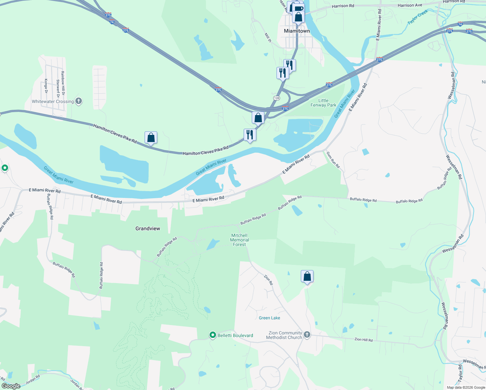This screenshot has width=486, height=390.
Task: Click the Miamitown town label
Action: [297, 31]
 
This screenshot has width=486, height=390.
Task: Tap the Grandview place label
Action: [148, 228]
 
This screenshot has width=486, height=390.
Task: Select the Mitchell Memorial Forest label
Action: [239, 240]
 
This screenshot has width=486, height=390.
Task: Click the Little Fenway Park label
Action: [323, 103]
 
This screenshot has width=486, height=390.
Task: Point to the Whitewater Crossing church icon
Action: [79, 101]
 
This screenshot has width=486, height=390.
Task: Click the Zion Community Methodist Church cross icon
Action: [307, 334]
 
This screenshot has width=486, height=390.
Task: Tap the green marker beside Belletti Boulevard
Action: [213, 335]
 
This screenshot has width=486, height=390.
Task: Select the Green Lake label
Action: [269, 318]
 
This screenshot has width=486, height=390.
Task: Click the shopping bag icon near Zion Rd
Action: [307, 277]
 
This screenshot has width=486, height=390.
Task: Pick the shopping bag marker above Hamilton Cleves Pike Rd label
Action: [151, 137]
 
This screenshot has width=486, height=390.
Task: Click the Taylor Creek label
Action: [418, 17]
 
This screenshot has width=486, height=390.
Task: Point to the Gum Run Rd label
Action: [333, 160]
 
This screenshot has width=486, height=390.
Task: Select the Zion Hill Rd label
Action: [364, 340]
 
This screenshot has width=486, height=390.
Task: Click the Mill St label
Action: [268, 37]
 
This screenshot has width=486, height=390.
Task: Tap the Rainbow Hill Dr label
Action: [63, 84]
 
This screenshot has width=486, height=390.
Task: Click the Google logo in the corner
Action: [11, 386]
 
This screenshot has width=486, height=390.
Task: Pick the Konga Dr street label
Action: [46, 86]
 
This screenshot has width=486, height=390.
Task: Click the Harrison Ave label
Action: [410, 5]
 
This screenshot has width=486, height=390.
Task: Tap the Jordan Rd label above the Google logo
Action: [32, 379]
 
